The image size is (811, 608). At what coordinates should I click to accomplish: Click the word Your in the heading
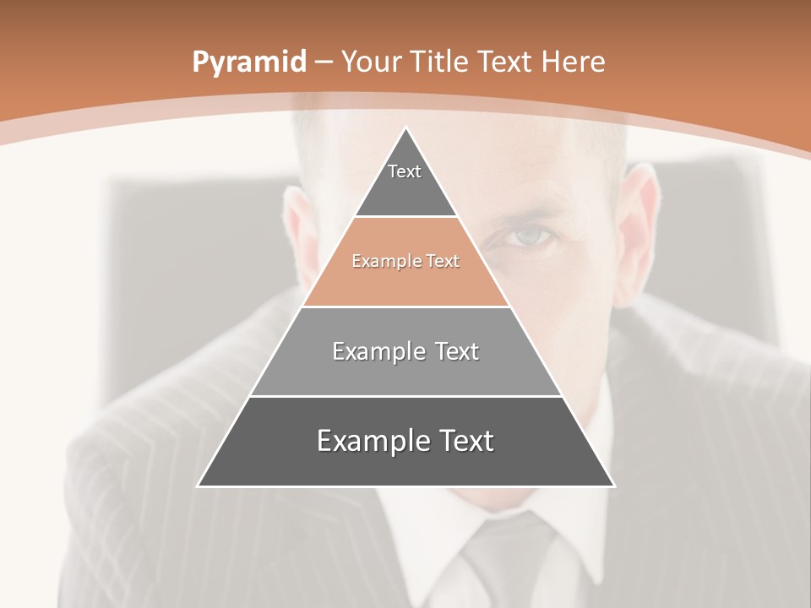pos(371,62)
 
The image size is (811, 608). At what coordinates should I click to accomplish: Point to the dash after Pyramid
pos(322,62)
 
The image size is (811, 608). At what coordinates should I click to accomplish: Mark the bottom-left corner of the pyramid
pos(199,486)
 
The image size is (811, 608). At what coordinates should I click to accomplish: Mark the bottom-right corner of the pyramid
pos(613,486)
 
